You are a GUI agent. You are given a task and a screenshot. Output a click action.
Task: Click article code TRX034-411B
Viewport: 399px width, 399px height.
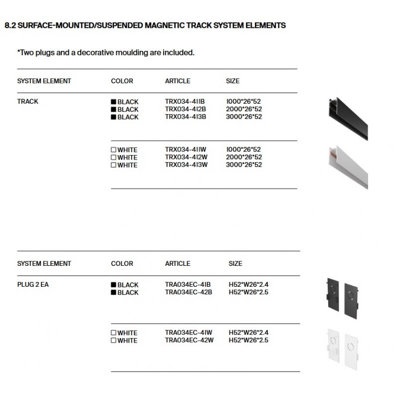click(x=185, y=102)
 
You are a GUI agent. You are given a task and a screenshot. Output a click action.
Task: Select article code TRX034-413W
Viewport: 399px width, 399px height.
click(x=186, y=165)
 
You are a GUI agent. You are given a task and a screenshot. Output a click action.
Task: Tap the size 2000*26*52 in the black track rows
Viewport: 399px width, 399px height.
click(x=244, y=109)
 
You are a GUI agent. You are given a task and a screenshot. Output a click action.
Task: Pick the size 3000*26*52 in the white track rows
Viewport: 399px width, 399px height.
click(x=244, y=165)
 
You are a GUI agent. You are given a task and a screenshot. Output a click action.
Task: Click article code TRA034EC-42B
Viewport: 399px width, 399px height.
click(x=189, y=292)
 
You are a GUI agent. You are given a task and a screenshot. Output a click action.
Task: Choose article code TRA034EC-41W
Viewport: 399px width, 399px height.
click(x=189, y=333)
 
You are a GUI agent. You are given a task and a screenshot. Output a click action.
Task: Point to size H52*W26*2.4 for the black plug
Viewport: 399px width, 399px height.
click(x=248, y=285)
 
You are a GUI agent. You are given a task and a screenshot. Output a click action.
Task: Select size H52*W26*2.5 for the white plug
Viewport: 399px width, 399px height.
click(x=248, y=341)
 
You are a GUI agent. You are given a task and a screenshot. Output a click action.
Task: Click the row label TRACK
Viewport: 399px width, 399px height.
click(x=27, y=101)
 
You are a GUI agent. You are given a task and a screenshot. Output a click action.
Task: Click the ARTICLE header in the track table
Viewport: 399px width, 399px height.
click(x=178, y=81)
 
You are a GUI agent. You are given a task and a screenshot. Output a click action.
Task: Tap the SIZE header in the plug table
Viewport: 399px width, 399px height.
click(x=235, y=263)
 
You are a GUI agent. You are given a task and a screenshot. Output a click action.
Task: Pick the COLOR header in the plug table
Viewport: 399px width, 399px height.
click(x=122, y=263)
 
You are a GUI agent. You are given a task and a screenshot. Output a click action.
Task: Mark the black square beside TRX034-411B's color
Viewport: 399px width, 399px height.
click(x=114, y=102)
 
